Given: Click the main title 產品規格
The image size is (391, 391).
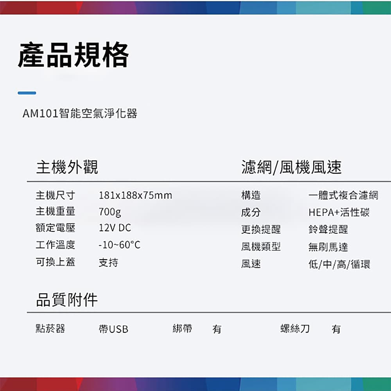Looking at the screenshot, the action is (x=74, y=55).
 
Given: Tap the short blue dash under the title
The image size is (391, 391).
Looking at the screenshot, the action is (x=27, y=93).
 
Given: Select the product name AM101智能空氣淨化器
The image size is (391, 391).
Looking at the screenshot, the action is (x=80, y=113).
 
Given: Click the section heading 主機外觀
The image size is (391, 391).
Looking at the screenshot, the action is (x=67, y=167).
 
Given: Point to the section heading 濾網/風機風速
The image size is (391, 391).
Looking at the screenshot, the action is (x=291, y=167).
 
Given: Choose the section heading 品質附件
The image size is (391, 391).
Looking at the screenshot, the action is (x=67, y=300).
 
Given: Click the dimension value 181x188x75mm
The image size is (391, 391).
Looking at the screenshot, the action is (x=135, y=195).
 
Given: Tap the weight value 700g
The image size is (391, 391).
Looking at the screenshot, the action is (x=110, y=212).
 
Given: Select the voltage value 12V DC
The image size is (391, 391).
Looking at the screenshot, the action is (x=115, y=228).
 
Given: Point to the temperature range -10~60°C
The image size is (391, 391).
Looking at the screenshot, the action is (x=119, y=245).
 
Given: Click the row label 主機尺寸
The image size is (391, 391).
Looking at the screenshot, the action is (x=56, y=195).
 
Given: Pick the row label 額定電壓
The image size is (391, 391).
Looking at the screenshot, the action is (x=56, y=228).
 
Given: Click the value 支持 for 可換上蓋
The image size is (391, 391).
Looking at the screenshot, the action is (x=108, y=263).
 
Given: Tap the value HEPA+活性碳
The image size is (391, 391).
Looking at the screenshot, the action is (x=339, y=212).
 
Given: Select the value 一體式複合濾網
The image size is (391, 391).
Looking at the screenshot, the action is (x=343, y=195).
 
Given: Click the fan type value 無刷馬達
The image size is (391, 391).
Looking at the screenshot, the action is (x=328, y=247).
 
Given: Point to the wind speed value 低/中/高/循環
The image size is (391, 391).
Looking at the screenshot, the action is (x=339, y=264).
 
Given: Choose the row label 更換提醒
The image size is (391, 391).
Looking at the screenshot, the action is (x=261, y=230).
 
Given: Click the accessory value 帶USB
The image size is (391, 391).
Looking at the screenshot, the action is (x=113, y=329).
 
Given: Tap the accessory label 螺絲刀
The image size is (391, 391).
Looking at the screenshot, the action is (x=295, y=329).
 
